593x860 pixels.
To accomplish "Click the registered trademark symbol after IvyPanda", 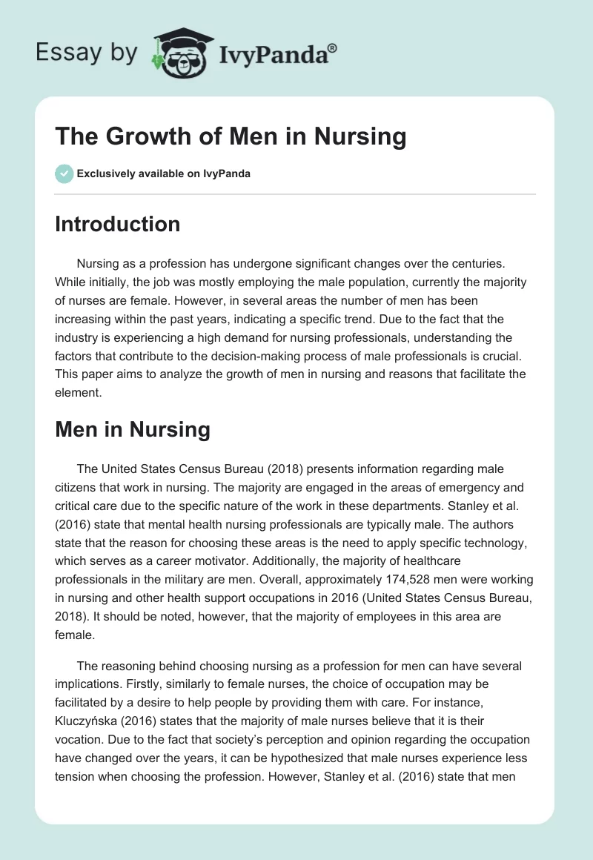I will (x=333, y=47).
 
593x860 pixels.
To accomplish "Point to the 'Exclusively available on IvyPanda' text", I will (x=163, y=174).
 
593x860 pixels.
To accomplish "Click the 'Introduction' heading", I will (x=117, y=224).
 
